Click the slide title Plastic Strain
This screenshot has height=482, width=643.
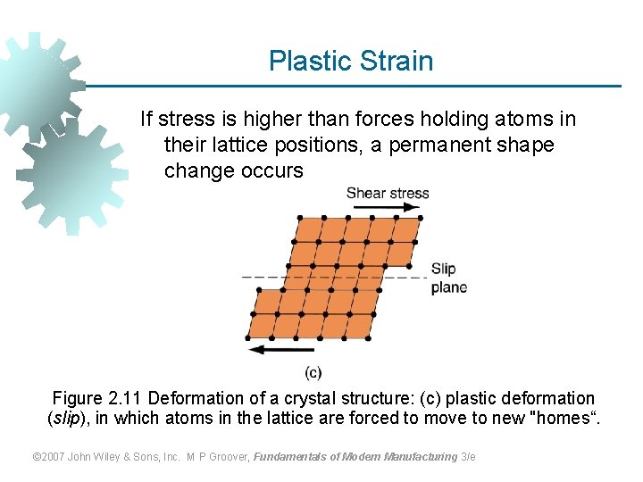point(351,61)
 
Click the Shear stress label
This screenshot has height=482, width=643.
point(387,193)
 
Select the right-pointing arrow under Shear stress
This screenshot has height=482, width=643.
point(387,207)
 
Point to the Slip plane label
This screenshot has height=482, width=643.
point(448,278)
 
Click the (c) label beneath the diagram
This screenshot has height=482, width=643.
point(313,372)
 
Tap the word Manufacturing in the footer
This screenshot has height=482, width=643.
point(421,457)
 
